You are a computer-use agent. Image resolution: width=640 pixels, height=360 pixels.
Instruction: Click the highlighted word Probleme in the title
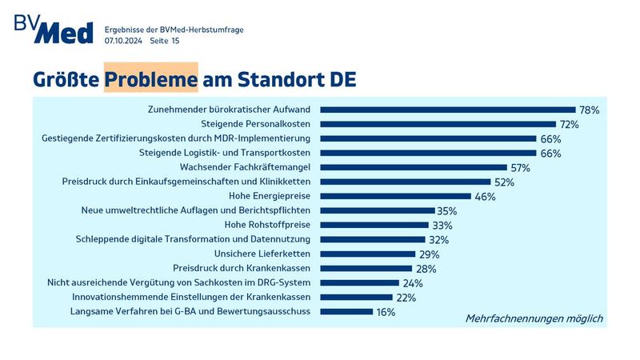tap(150, 80)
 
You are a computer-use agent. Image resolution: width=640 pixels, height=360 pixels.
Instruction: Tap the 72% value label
tap(569, 124)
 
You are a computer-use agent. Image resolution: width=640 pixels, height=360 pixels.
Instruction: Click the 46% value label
tap(485, 196)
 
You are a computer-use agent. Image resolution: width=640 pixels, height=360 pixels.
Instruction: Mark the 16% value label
tap(386, 312)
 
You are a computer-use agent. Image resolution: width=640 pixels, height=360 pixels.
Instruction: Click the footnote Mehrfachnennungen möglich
tap(534, 318)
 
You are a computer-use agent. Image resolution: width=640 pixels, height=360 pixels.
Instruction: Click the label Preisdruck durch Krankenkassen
tap(242, 268)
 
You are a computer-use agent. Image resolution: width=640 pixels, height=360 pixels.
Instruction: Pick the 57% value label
tap(520, 167)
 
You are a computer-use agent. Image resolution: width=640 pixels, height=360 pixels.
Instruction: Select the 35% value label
tap(447, 210)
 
